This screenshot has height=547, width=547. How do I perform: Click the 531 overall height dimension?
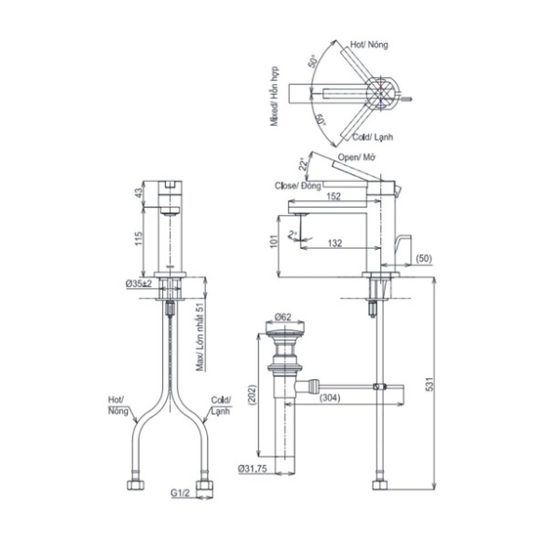[x=431, y=384]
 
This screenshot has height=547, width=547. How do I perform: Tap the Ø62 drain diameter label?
[x=282, y=317]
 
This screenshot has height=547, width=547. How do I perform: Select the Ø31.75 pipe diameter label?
[x=253, y=469]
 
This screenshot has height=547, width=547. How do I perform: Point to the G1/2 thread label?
[x=180, y=493]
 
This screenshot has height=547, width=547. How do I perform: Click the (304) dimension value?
[x=330, y=397]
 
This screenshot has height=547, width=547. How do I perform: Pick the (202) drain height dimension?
[x=253, y=394]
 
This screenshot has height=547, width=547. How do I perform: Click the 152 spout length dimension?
[x=334, y=197]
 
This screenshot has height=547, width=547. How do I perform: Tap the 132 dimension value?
[x=335, y=243]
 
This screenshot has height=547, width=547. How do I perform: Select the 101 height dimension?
[x=274, y=241]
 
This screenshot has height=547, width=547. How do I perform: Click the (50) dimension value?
[x=424, y=258]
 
